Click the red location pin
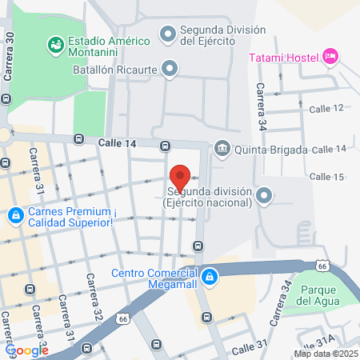179,177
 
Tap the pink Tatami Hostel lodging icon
330,56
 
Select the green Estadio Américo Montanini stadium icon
55,42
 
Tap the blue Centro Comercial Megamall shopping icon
209,276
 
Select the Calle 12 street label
327,107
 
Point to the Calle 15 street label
326,176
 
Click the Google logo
27,350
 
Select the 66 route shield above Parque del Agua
321,265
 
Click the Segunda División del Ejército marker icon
168,33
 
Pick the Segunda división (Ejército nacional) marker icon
265,196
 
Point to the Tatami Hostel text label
283,57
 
